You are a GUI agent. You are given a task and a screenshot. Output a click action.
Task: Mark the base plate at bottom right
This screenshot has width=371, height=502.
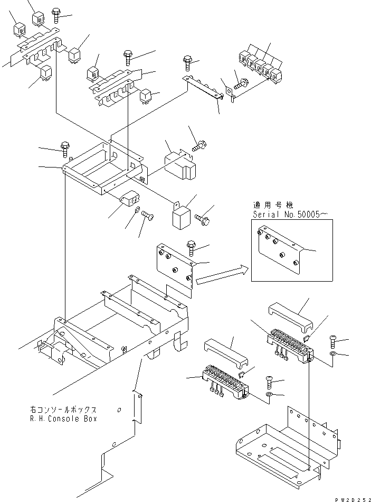285,447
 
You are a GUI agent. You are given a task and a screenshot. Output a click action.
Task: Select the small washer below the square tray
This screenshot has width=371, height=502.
137,211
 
